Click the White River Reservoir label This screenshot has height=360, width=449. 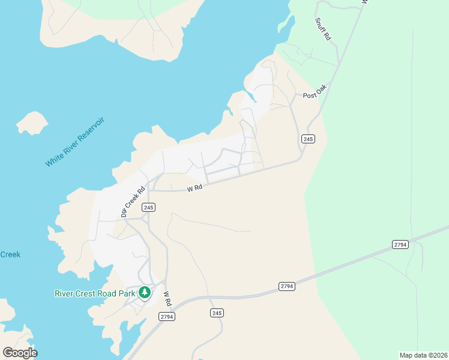[75, 142]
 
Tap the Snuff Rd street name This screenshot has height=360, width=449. [323, 28]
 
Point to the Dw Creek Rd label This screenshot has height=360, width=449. [133, 201]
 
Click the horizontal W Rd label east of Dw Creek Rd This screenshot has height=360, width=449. [194, 188]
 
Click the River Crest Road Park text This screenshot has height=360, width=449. [95, 293]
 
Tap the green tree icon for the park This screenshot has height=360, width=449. [144, 293]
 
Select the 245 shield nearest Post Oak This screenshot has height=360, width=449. [308, 139]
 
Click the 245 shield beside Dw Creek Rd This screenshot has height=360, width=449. [149, 207]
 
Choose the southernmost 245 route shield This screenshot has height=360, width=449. [217, 313]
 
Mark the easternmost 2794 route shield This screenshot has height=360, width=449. [400, 244]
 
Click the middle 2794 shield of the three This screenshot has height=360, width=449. [287, 286]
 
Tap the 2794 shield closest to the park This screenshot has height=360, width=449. [166, 316]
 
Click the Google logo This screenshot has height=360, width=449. [20, 352]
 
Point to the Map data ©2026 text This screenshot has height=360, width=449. [423, 355]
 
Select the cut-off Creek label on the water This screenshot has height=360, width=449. [10, 254]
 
